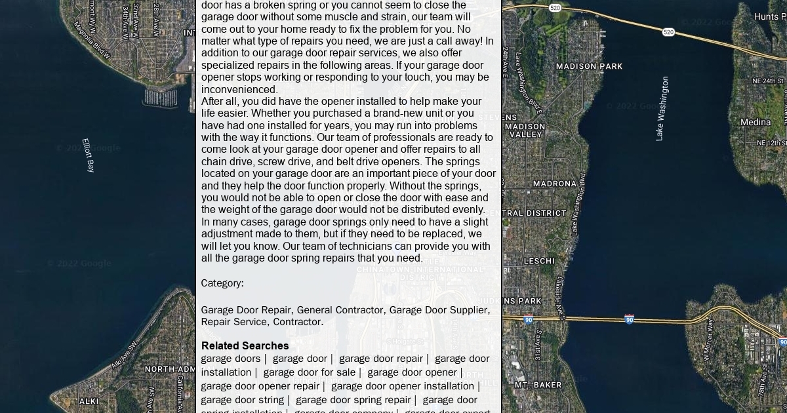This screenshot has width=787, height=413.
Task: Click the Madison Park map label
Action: click(x=589, y=66)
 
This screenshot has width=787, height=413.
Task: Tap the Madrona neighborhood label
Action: click(x=555, y=184)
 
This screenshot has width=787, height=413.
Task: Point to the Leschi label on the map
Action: click(x=539, y=261)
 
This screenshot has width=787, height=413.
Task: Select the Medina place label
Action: click(x=756, y=122)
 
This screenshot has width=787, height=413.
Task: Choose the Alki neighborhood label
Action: click(x=89, y=401)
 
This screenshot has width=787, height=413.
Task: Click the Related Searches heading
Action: click(x=245, y=345)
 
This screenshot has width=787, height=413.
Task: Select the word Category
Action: click(x=222, y=283)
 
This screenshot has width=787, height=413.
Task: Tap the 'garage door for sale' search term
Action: click(x=309, y=372)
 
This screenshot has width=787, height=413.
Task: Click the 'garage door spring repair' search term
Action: click(x=353, y=400)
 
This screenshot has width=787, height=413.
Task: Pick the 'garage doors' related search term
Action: click(x=230, y=359)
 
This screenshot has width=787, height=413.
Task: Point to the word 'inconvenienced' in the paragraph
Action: click(x=239, y=90)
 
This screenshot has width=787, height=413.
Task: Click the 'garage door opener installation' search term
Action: click(x=402, y=386)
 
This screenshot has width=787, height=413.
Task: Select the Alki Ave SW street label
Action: click(x=125, y=354)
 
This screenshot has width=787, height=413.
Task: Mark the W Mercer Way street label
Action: click(x=707, y=339)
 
